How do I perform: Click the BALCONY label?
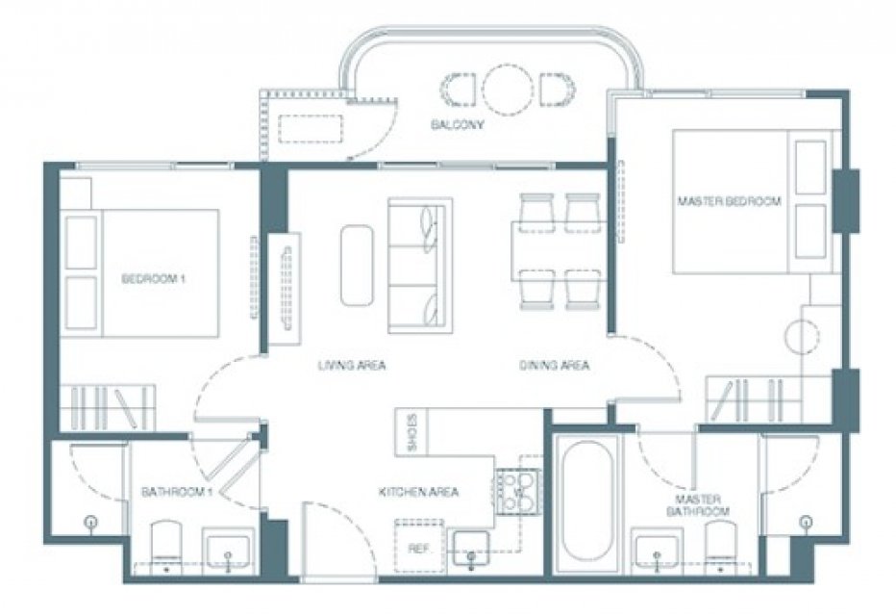click(458, 125)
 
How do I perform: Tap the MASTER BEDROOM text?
click(729, 201)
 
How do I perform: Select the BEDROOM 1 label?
click(154, 279)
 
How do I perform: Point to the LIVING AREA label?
click(352, 365)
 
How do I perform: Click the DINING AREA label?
click(555, 365)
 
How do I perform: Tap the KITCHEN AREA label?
click(419, 492)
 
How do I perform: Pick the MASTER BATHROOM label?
click(698, 505)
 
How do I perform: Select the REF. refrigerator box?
click(419, 545)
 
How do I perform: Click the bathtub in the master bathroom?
click(586, 503)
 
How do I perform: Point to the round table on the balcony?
click(508, 87)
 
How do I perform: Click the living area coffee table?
click(357, 266)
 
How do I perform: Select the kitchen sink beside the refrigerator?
click(471, 549)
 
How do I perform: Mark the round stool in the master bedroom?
click(803, 338)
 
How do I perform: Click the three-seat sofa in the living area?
click(420, 266)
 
